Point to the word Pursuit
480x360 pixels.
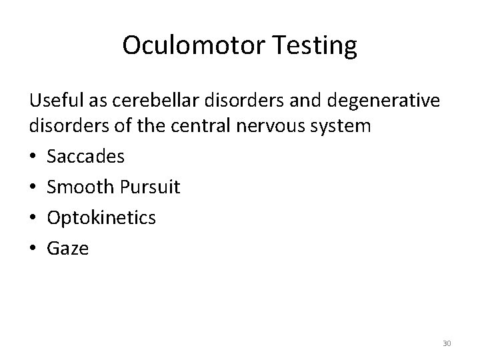click(x=150, y=187)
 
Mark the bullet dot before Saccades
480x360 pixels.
click(x=33, y=157)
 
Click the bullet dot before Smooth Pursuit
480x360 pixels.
click(x=33, y=188)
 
